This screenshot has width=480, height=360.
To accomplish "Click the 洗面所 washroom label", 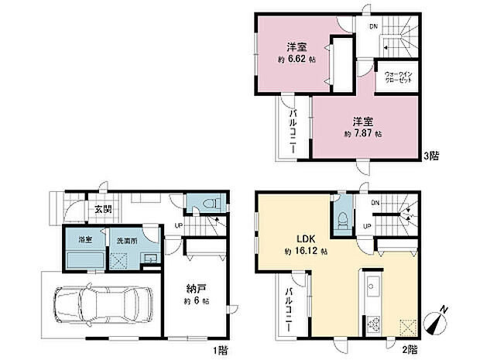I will point(125,239).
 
